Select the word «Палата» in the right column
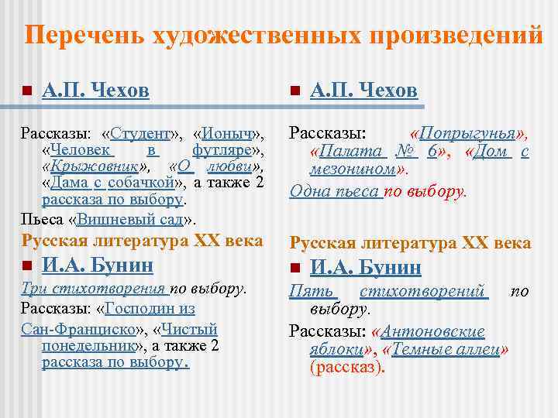coord(346,151)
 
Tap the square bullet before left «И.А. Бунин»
coord(27,266)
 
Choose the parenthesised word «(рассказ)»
coord(346,367)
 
